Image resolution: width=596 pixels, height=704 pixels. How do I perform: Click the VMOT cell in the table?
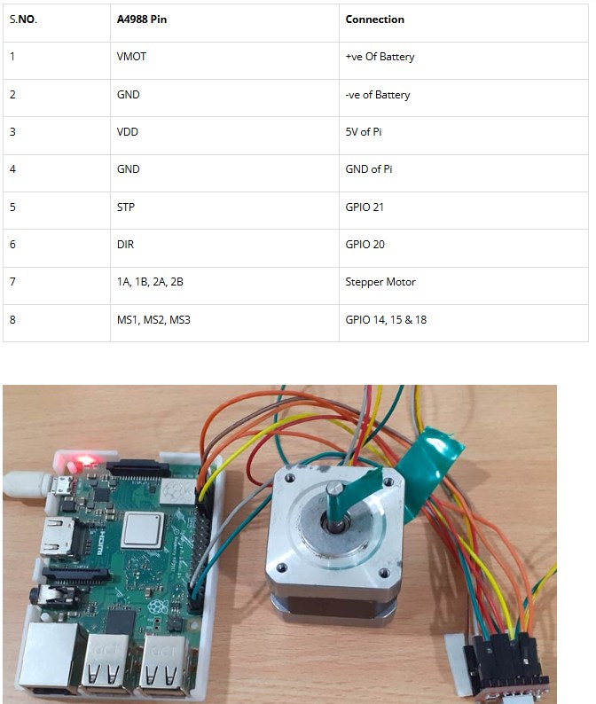(x=131, y=57)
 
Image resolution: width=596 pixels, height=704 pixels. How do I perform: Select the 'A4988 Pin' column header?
(x=142, y=20)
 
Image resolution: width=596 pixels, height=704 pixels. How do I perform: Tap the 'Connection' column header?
(x=374, y=20)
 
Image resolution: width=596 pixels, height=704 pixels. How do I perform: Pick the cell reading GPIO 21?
(x=365, y=207)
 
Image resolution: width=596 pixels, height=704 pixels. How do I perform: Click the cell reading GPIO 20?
(x=365, y=244)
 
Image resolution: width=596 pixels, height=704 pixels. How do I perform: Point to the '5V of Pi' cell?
(x=364, y=131)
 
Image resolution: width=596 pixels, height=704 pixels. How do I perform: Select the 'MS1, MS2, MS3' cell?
(x=153, y=320)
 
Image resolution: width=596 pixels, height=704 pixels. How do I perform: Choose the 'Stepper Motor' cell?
(x=380, y=281)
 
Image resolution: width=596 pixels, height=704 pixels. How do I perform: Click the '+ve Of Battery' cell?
(x=380, y=57)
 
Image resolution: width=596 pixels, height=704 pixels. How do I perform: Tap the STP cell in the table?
(x=126, y=207)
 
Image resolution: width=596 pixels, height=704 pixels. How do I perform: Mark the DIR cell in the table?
(x=125, y=244)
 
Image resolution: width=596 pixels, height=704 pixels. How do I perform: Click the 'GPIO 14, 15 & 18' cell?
(x=386, y=320)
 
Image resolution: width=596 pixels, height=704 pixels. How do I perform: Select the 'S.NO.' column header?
(x=23, y=20)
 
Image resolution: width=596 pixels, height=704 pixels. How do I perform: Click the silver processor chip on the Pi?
(x=142, y=530)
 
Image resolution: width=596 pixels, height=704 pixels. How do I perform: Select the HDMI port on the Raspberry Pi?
(x=55, y=536)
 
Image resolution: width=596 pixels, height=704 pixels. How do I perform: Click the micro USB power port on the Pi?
(x=61, y=485)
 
